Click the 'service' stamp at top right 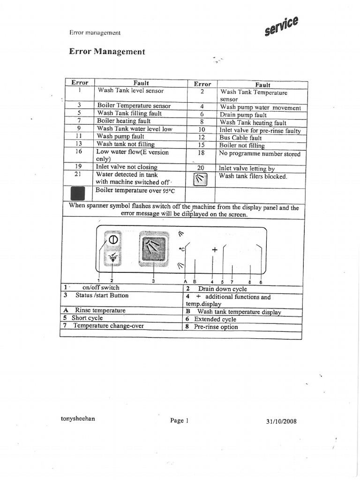pyautogui.click(x=281, y=26)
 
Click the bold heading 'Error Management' pyautogui.click(x=107, y=52)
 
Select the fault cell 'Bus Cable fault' pyautogui.click(x=240, y=138)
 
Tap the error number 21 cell pyautogui.click(x=79, y=174)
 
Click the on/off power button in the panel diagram pyautogui.click(x=112, y=240)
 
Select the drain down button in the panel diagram pyautogui.click(x=112, y=258)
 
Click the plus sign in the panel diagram pyautogui.click(x=215, y=250)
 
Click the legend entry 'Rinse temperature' pyautogui.click(x=100, y=310)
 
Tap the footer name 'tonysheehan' pyautogui.click(x=78, y=419)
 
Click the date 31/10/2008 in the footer pyautogui.click(x=281, y=421)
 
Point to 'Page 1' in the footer pyautogui.click(x=179, y=420)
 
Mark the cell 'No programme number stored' pyautogui.click(x=260, y=154)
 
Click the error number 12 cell pyautogui.click(x=202, y=137)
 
